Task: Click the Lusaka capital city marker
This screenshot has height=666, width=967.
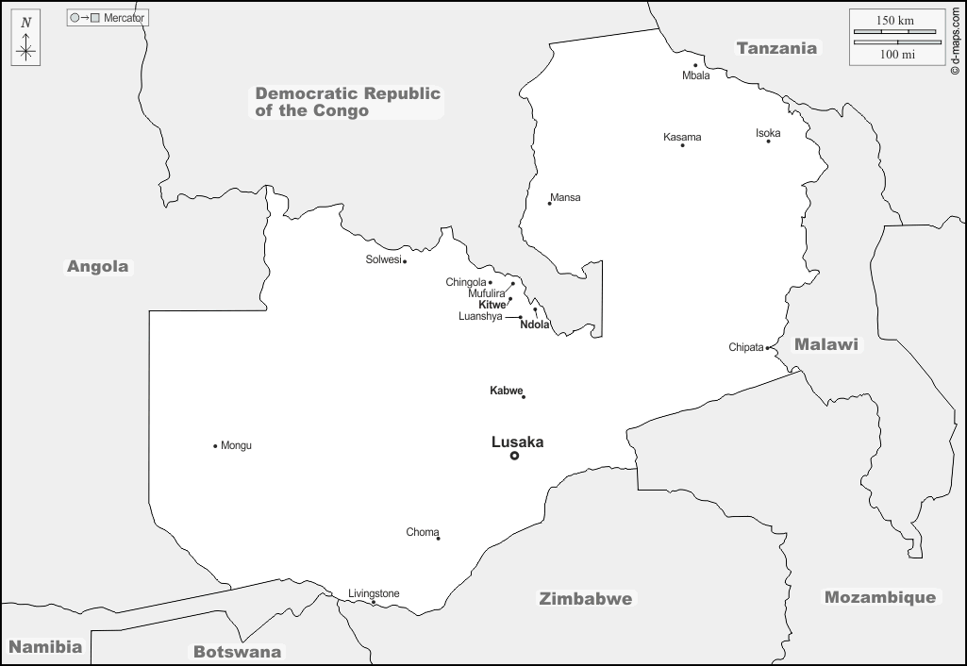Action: [x=514, y=456]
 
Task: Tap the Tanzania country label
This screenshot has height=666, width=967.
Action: [x=776, y=48]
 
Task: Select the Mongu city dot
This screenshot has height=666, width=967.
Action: [x=215, y=445]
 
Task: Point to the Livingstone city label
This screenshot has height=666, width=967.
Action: [x=374, y=593]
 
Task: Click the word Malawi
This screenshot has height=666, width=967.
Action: [x=826, y=344]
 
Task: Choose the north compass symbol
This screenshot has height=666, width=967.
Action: [x=26, y=42]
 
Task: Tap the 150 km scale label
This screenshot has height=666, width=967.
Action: [x=894, y=21]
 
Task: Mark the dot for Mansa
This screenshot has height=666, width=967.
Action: [x=550, y=204]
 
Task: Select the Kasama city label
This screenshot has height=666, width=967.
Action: [x=682, y=137]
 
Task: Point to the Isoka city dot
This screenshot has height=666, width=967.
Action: [x=768, y=141]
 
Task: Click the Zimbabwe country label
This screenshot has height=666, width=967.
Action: [x=585, y=598]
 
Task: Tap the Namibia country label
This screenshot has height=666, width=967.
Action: [x=45, y=647]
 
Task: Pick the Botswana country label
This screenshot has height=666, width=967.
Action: [x=237, y=651]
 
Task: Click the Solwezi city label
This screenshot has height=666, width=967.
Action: [x=383, y=259]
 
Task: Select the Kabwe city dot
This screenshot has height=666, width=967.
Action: [x=524, y=396]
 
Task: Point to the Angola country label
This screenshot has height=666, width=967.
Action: [x=97, y=266]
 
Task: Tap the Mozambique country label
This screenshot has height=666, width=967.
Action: [x=880, y=597]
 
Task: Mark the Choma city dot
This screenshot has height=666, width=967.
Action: [x=438, y=539]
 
